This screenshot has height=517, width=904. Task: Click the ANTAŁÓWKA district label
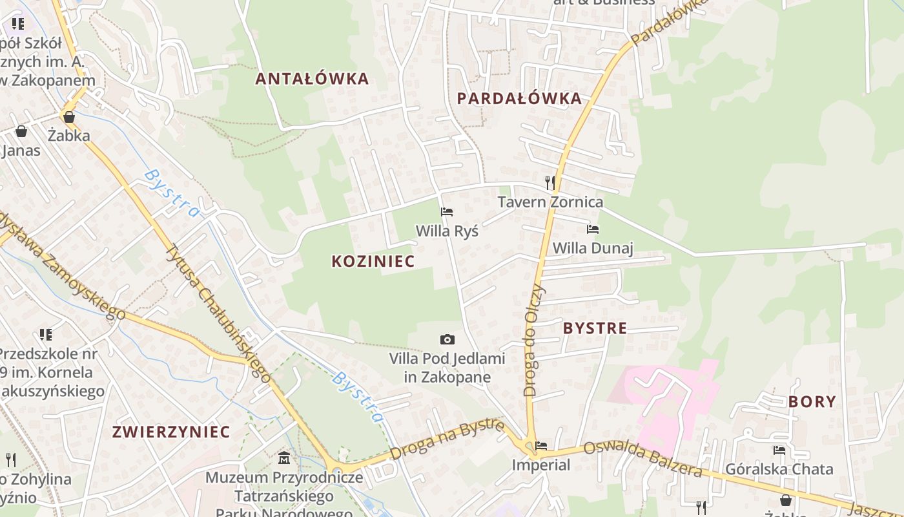(x=312, y=79)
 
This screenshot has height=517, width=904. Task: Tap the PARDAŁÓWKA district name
(x=520, y=98)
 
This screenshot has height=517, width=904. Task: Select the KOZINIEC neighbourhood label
(x=373, y=261)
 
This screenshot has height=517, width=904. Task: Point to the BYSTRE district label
(x=595, y=328)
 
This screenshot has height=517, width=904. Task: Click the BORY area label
(x=812, y=401)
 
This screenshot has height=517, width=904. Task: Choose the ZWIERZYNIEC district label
(x=171, y=432)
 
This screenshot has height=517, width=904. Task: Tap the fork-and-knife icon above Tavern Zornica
(x=550, y=182)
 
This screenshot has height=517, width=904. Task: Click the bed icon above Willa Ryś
(x=447, y=211)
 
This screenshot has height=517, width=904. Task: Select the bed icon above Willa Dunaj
(x=593, y=229)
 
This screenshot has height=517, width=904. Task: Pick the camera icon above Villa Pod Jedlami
(x=447, y=339)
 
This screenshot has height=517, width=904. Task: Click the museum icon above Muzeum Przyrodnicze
(x=284, y=458)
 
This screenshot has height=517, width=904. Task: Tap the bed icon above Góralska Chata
(x=779, y=450)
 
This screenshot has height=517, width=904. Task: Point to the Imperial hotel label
(x=541, y=465)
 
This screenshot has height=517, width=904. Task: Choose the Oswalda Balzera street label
(x=642, y=458)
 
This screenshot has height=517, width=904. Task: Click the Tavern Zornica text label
(x=550, y=202)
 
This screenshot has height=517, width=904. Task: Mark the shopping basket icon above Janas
(x=21, y=131)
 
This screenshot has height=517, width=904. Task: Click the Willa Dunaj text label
(x=593, y=248)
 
